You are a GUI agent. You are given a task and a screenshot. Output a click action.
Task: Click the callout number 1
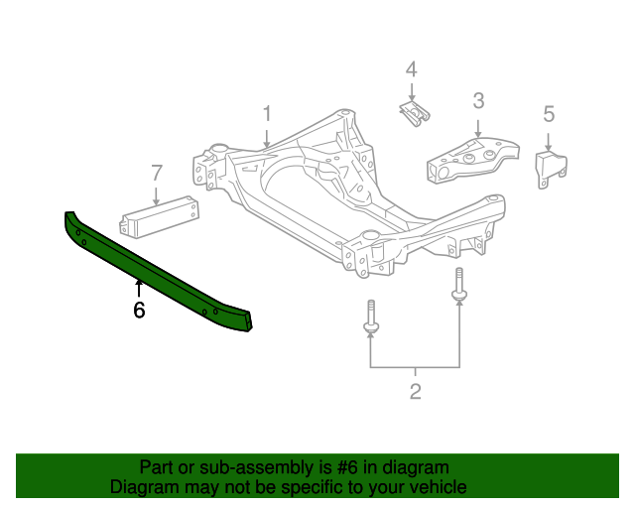coord(267,115)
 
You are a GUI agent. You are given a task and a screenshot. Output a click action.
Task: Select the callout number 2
coord(415,391)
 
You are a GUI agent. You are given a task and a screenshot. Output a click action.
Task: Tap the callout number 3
coord(477,100)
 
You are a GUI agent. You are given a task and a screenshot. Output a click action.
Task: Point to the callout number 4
coord(411,69)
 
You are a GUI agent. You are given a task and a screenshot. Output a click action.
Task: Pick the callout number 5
coord(549,114)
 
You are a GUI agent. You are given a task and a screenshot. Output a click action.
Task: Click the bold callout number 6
coord(139,311)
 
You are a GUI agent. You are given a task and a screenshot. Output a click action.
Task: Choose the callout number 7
coord(156,173)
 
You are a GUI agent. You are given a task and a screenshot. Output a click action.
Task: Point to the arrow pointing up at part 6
coord(139,289)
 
